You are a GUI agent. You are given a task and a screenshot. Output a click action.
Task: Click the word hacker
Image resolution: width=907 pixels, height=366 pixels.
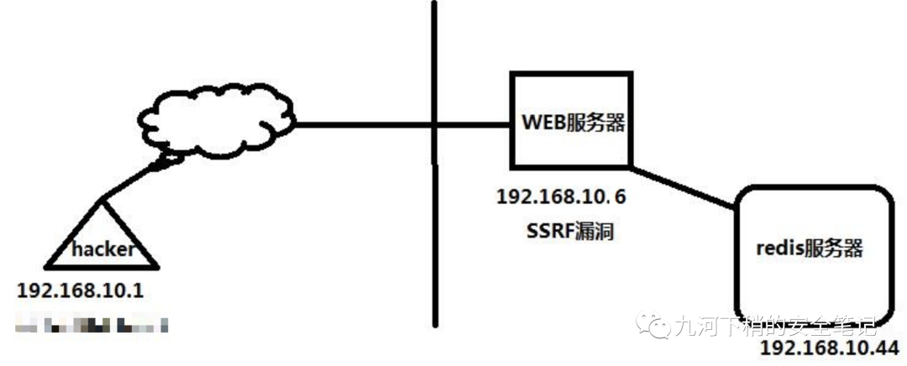[x=102, y=249]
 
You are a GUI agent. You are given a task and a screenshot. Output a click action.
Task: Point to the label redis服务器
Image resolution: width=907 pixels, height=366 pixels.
[x=810, y=248]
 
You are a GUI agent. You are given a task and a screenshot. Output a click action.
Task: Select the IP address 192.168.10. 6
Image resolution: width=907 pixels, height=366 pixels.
[x=562, y=198]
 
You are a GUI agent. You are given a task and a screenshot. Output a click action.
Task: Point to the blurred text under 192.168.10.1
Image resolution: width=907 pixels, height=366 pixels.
[x=92, y=322]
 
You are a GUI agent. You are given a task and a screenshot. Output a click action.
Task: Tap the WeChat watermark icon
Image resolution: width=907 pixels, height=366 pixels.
[x=652, y=323]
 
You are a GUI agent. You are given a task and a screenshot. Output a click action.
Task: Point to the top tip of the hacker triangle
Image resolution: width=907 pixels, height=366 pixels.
[x=102, y=201]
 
